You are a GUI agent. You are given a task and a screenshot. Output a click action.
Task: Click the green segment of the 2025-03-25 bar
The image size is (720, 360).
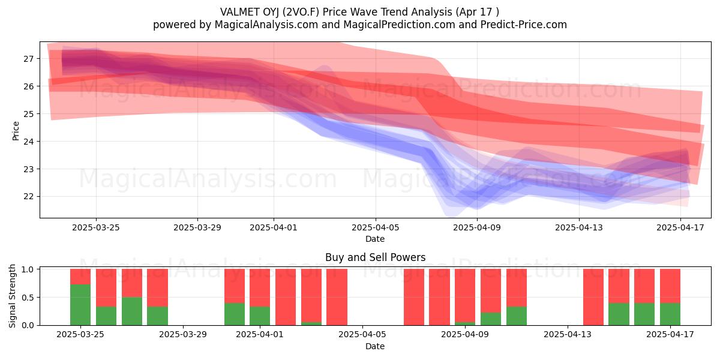pyautogui.click(x=80, y=305)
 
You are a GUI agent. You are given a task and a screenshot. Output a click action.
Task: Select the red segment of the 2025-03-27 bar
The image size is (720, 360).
pyautogui.click(x=132, y=283)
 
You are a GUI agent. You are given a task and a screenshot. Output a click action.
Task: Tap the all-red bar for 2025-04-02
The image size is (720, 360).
pyautogui.click(x=286, y=297)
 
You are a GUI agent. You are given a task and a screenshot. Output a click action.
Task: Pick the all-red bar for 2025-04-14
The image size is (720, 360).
pyautogui.click(x=593, y=297)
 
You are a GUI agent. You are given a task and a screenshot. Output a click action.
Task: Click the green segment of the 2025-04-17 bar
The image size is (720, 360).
pyautogui.click(x=670, y=314)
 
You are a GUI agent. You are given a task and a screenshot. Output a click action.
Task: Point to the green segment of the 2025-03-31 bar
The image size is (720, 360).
pyautogui.click(x=235, y=314)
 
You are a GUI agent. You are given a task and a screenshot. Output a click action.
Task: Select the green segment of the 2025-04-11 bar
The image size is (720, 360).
pyautogui.click(x=517, y=316)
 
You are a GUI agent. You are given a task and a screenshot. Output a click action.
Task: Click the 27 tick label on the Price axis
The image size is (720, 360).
pyautogui.click(x=28, y=59)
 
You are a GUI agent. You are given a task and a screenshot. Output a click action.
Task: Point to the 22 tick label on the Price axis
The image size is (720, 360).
pyautogui.click(x=28, y=196)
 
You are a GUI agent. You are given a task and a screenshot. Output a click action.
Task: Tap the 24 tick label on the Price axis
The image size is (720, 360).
pyautogui.click(x=28, y=142)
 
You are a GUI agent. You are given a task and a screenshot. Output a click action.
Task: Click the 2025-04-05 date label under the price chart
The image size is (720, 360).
pyautogui.click(x=375, y=227)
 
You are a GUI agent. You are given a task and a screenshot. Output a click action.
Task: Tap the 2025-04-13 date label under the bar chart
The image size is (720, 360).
pyautogui.click(x=568, y=334)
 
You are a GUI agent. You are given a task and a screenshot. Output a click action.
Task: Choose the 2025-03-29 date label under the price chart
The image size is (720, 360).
pyautogui.click(x=197, y=227)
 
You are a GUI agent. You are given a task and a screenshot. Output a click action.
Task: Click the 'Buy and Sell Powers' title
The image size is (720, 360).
pyautogui.click(x=375, y=257)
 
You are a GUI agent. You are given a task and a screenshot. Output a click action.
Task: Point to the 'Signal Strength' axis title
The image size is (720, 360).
pyautogui.click(x=12, y=296)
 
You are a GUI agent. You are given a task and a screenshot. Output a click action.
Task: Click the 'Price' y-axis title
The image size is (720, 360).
pyautogui.click(x=16, y=131)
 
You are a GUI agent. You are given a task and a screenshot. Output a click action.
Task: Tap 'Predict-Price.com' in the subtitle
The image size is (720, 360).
pyautogui.click(x=524, y=25)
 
